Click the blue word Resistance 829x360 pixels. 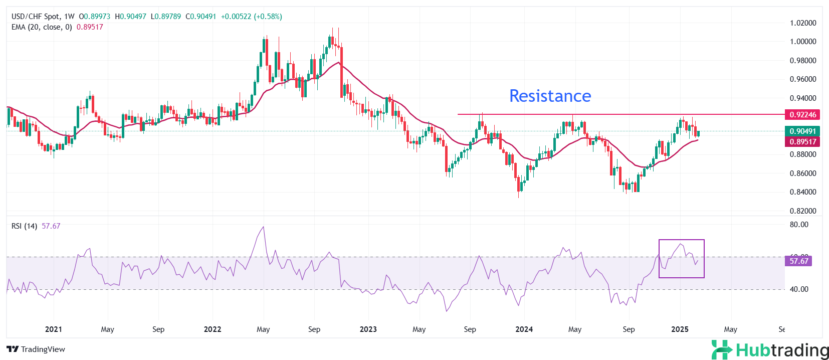(550, 96)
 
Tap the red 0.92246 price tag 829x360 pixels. (802, 115)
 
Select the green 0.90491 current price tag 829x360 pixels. (802, 131)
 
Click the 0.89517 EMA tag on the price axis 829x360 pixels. (802, 142)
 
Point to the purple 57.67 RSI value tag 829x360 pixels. (798, 261)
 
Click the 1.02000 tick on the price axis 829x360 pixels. (802, 23)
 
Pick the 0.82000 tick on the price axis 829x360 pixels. (802, 211)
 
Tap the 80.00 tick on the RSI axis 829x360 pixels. (799, 225)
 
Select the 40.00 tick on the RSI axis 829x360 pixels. (799, 289)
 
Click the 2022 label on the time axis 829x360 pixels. (213, 329)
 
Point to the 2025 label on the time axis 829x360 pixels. (680, 329)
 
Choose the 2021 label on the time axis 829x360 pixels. (54, 329)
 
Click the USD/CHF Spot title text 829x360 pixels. (35, 17)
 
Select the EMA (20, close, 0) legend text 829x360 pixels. (42, 27)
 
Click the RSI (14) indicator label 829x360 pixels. (24, 226)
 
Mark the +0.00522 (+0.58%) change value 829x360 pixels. (251, 17)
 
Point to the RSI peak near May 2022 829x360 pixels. (264, 227)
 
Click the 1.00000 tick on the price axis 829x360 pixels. (802, 42)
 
